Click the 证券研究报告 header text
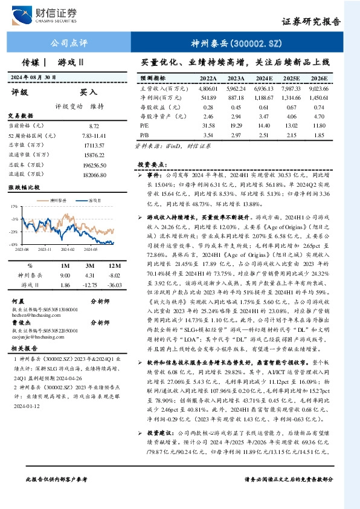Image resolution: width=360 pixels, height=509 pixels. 311,21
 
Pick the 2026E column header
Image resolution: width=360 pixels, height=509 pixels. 318,79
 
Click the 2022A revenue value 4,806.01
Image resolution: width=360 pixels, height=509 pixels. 208,88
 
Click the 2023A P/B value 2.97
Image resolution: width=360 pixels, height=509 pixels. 236,135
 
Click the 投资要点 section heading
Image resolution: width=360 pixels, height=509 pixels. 152,164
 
